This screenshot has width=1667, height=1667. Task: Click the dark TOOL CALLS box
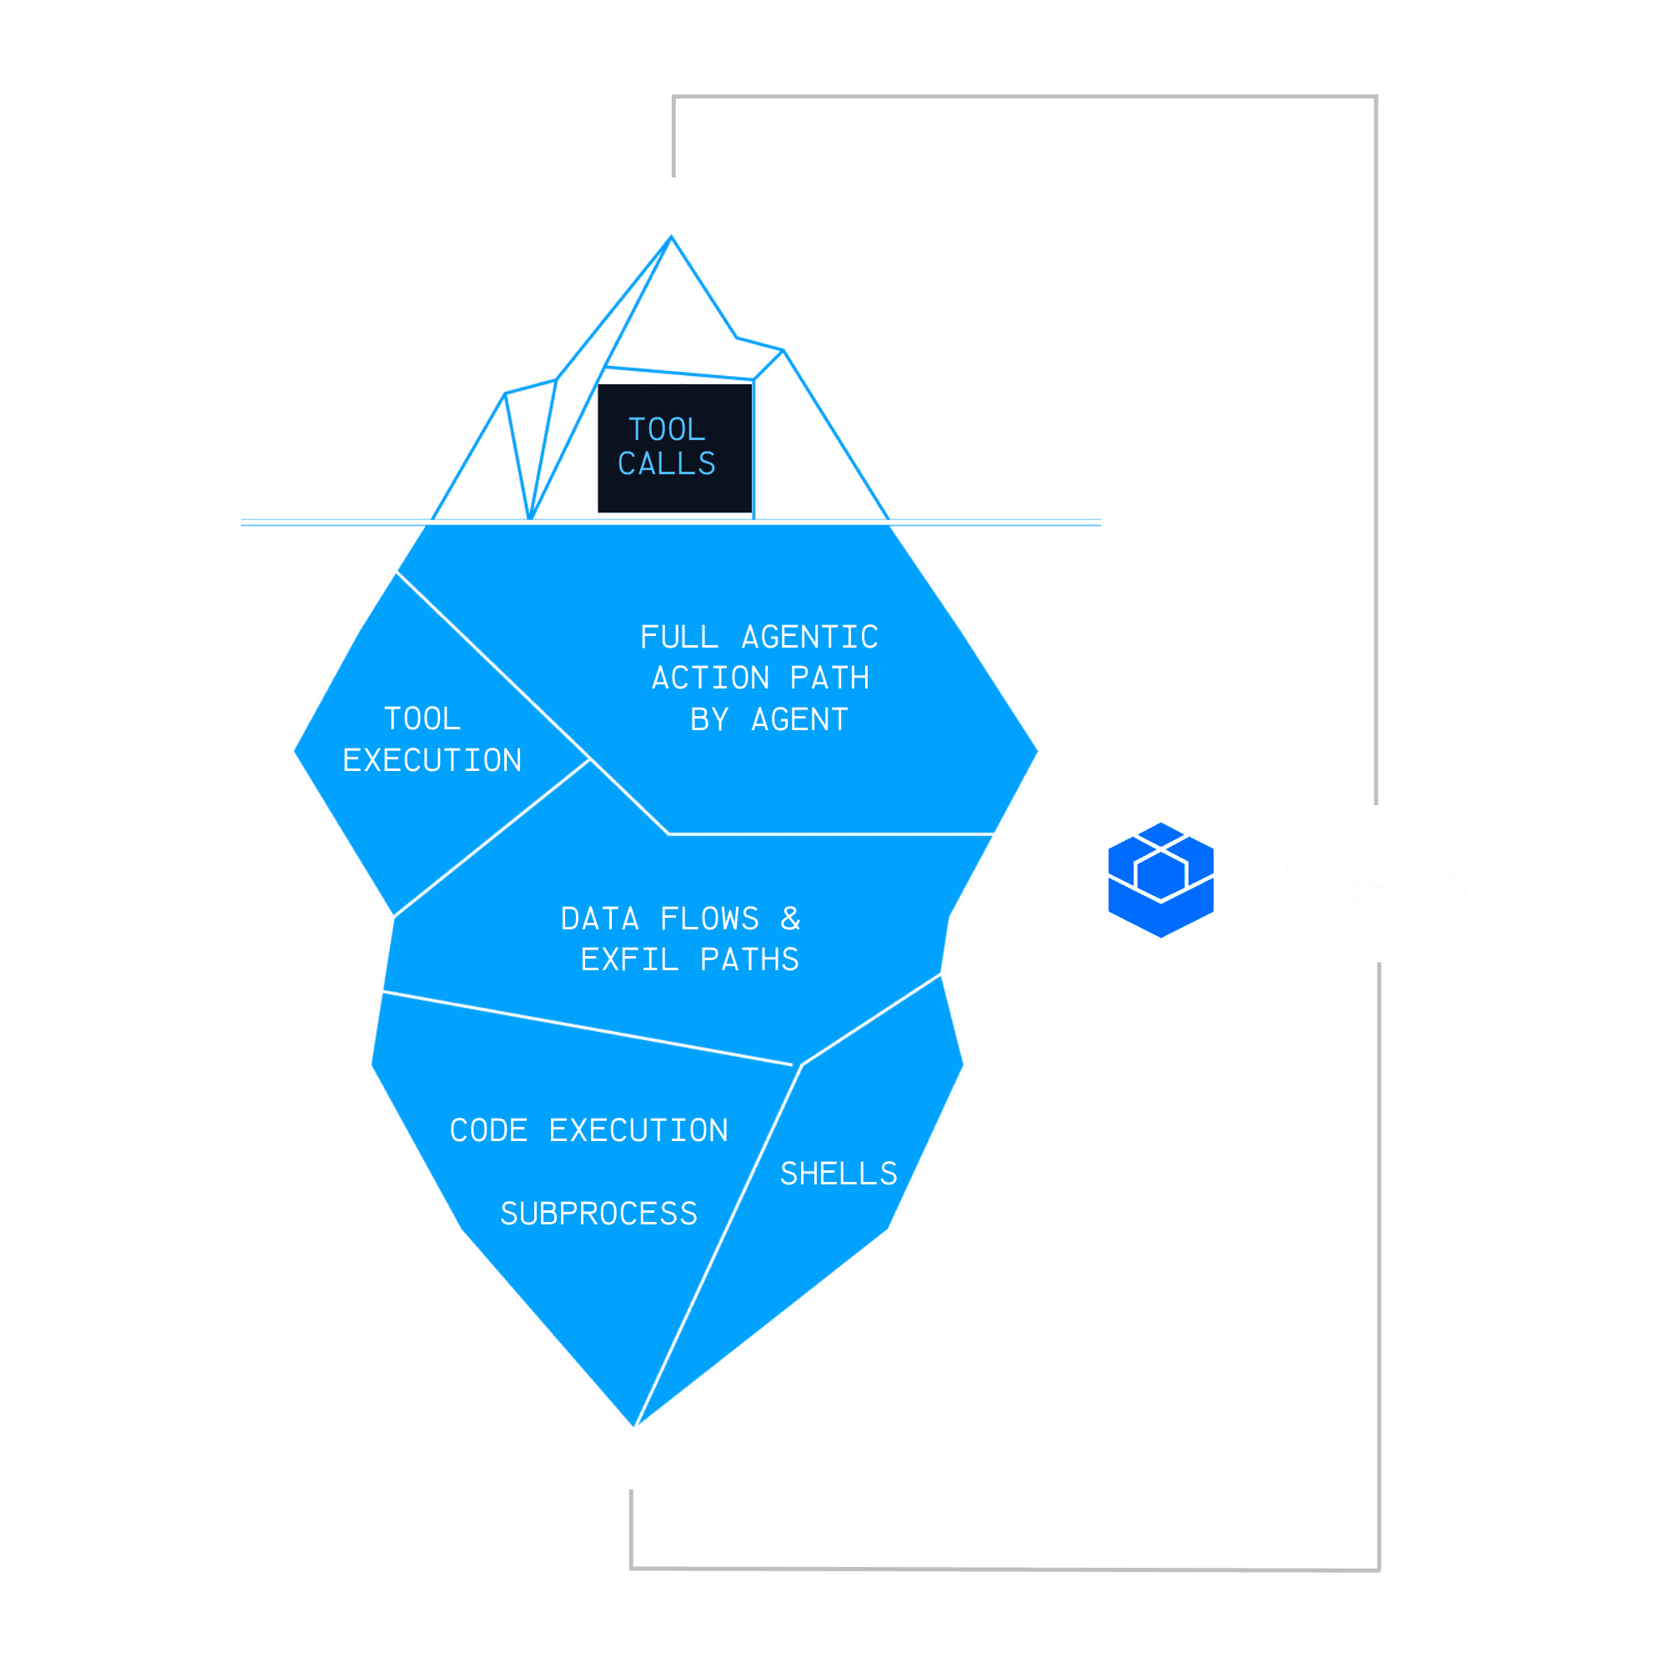pyautogui.click(x=675, y=448)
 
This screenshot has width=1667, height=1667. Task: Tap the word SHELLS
pyautogui.click(x=838, y=1174)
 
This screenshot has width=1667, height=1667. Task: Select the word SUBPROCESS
pyautogui.click(x=598, y=1214)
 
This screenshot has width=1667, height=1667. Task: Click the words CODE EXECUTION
pyautogui.click(x=588, y=1130)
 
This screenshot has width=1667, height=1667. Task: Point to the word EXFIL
pyautogui.click(x=629, y=959)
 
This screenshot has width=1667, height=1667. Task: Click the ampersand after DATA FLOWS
pyautogui.click(x=790, y=918)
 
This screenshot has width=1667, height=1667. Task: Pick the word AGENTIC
pyautogui.click(x=809, y=637)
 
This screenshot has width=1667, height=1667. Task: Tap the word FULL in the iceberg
pyautogui.click(x=679, y=637)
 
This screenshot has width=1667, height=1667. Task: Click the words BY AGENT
pyautogui.click(x=768, y=719)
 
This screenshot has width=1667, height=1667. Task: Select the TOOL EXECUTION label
pyautogui.click(x=432, y=739)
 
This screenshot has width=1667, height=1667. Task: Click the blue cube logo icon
pyautogui.click(x=1160, y=880)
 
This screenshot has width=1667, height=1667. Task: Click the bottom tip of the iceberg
pyautogui.click(x=634, y=1429)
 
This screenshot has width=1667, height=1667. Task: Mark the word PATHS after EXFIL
pyautogui.click(x=749, y=959)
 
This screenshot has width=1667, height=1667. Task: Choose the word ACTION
pyautogui.click(x=710, y=678)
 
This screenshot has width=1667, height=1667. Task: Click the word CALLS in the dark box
pyautogui.click(x=666, y=464)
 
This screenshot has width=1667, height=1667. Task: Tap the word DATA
pyautogui.click(x=599, y=918)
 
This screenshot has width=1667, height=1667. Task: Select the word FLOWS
pyautogui.click(x=709, y=918)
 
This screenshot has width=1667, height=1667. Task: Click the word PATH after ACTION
pyautogui.click(x=829, y=678)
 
